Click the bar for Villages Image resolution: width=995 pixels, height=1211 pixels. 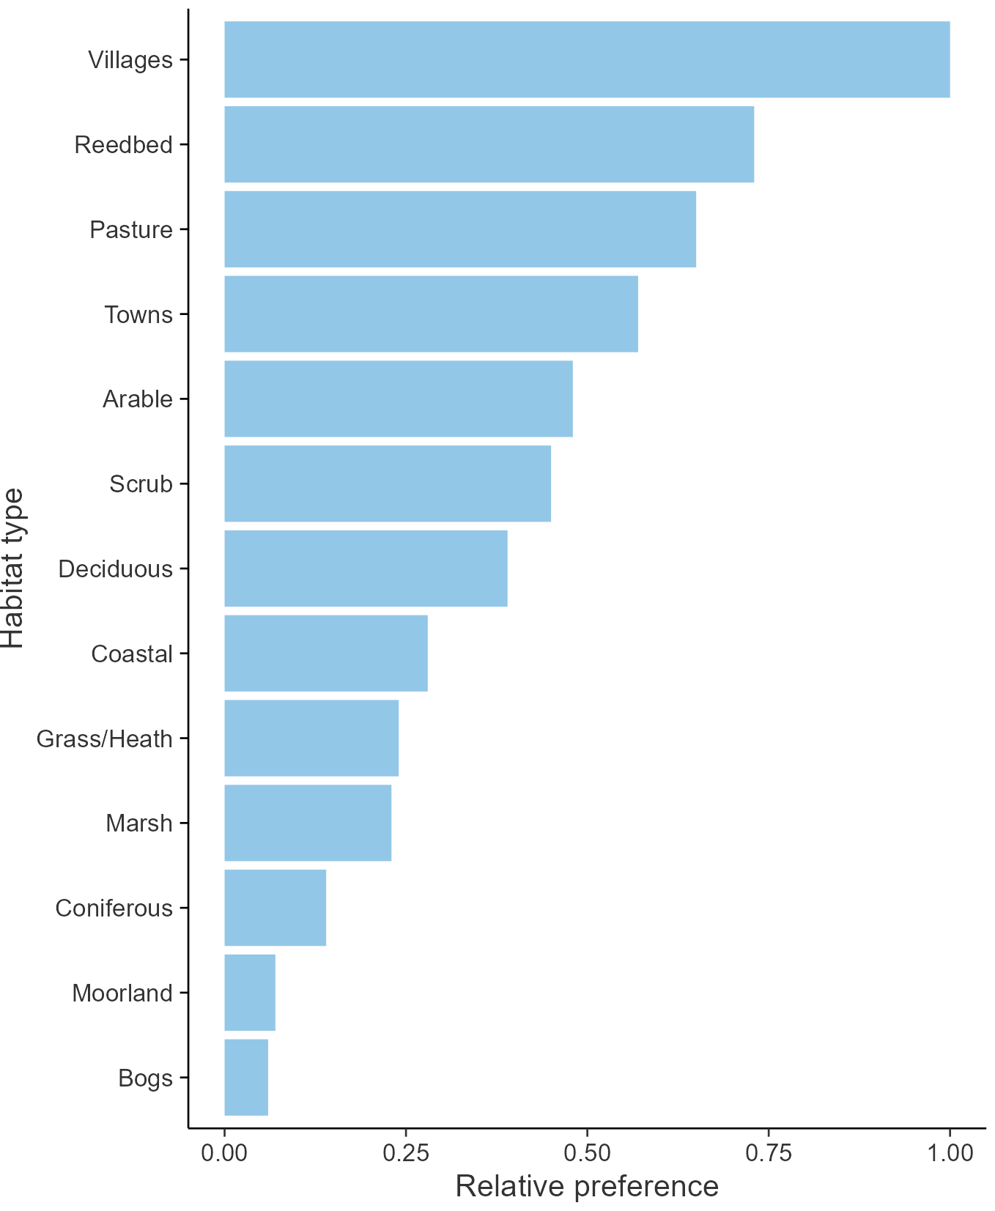586,59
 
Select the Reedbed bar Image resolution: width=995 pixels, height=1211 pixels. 489,144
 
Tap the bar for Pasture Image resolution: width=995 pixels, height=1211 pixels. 460,229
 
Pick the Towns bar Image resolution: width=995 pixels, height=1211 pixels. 431,314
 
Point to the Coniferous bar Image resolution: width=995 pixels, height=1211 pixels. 275,908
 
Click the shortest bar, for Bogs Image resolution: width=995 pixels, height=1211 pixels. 246,1077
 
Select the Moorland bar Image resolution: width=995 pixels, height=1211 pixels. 250,993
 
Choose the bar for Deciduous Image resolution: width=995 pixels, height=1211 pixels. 366,569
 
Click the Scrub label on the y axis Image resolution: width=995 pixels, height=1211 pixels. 141,484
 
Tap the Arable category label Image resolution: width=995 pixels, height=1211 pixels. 138,399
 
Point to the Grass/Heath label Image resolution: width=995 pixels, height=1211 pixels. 105,738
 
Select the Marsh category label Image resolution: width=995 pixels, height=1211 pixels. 139,823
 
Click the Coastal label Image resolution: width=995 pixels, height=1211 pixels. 132,653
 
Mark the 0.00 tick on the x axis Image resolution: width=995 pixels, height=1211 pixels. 224,1152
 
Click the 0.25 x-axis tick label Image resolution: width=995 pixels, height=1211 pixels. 405,1152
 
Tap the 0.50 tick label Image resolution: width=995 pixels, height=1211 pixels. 587,1152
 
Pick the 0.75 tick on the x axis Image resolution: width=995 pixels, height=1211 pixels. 769,1152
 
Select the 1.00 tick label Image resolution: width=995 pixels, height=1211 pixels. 950,1152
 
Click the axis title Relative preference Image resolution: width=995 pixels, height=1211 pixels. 587,1186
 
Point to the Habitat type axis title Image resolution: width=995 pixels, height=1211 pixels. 13,569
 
